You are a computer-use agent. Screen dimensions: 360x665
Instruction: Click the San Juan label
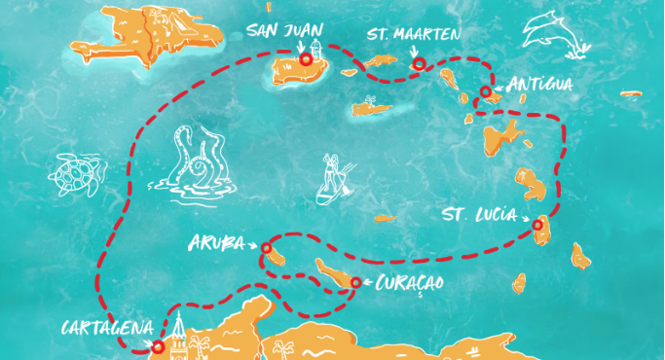pos(283,31)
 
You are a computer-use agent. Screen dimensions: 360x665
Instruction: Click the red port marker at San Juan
pos(307,59)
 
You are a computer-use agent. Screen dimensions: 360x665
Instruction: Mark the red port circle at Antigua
pos(485,91)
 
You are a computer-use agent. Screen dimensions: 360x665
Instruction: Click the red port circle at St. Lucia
pos(537,226)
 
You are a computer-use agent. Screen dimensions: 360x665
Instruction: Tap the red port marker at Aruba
pos(267,249)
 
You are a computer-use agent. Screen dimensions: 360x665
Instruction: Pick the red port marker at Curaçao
pos(355,283)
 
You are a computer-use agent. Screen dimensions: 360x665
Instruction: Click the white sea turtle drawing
pos(74,175)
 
